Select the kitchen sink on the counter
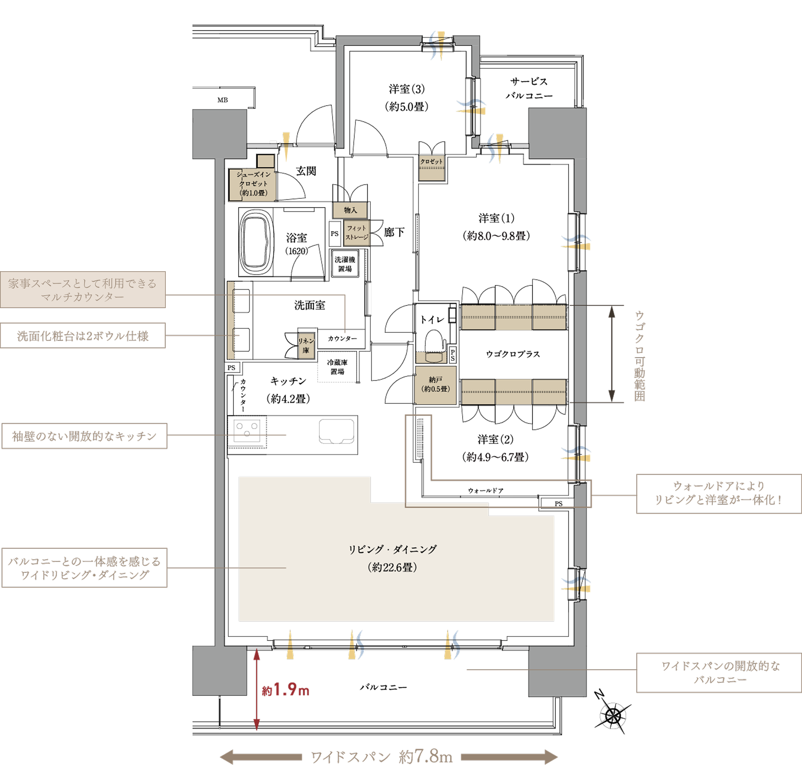tap(337, 431)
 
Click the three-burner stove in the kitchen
tap(247, 430)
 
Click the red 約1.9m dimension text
tap(286, 690)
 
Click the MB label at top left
tap(222, 100)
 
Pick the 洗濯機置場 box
tap(345, 264)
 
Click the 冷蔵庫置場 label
tap(338, 366)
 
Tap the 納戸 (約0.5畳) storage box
tap(435, 385)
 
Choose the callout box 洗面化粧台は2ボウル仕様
tap(83, 336)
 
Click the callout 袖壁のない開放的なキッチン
tap(85, 436)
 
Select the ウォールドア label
tap(486, 490)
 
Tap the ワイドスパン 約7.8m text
tap(381, 756)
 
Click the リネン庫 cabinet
tap(306, 345)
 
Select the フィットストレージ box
tap(357, 233)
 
